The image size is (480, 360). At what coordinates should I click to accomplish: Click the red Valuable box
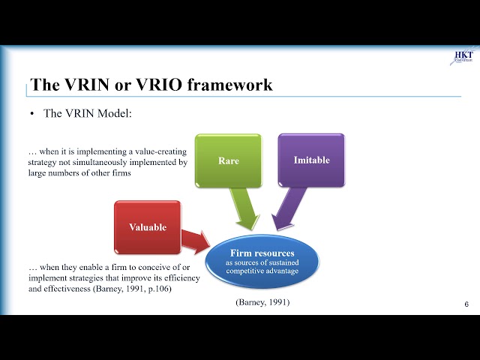point(147,227)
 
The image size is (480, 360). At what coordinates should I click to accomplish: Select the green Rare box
point(228,160)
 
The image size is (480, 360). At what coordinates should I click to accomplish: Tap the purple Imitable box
point(311,160)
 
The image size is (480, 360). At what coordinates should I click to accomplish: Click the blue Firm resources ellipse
point(262,262)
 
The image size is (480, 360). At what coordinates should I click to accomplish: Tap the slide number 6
point(466,304)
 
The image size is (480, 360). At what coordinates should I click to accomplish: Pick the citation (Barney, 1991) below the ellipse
point(262,301)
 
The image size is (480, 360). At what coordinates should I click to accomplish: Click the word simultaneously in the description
point(95,161)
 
